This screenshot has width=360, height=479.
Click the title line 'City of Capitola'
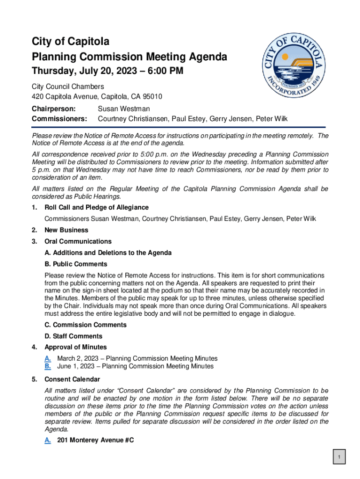pyautogui.click(x=71, y=42)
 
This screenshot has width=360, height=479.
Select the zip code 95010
pyautogui.click(x=152, y=97)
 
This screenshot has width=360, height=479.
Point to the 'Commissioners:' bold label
pyautogui.click(x=59, y=119)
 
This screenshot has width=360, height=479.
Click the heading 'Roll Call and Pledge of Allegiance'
pyautogui.click(x=96, y=207)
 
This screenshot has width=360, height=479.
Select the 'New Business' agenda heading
pyautogui.click(x=66, y=230)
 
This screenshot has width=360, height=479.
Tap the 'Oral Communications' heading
pyautogui.click(x=78, y=241)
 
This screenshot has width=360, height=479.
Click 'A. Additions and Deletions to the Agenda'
pyautogui.click(x=108, y=253)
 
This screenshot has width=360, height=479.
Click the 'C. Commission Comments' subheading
pyautogui.click(x=86, y=325)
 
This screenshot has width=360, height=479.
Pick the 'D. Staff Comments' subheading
pyautogui.click(x=73, y=336)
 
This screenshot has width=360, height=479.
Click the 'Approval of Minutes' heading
pyautogui.click(x=75, y=347)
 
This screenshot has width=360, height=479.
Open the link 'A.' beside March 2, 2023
pyautogui.click(x=48, y=358)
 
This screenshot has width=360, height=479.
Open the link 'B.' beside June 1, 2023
pyautogui.click(x=48, y=366)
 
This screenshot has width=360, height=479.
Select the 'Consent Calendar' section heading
pyautogui.click(x=72, y=379)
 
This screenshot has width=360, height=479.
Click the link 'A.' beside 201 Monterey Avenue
pyautogui.click(x=48, y=440)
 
